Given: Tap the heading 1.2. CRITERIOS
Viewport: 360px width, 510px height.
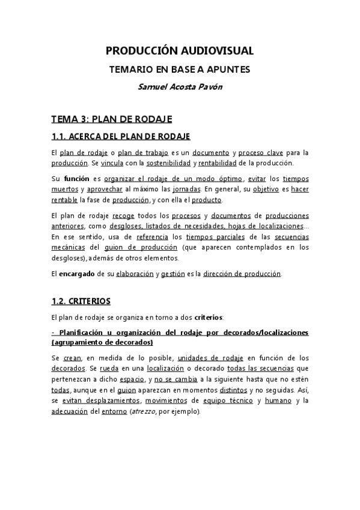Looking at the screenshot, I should [x=81, y=300].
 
